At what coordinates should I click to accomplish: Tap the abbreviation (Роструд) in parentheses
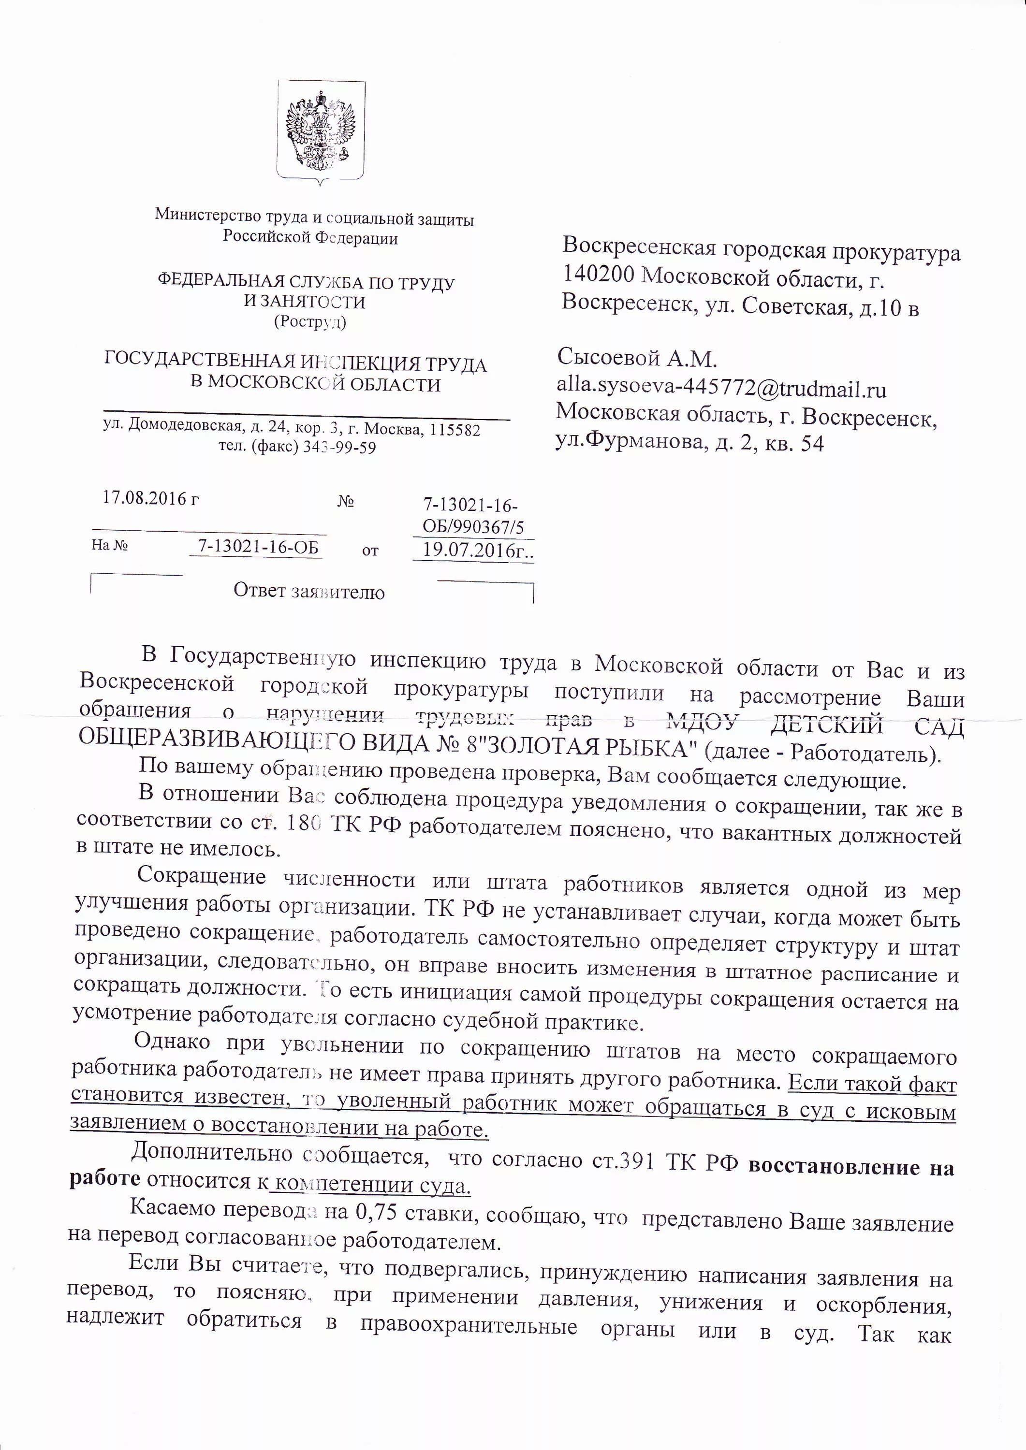[x=309, y=322]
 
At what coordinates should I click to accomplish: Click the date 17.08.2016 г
[x=150, y=499]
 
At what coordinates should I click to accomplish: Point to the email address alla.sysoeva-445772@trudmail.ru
[x=721, y=389]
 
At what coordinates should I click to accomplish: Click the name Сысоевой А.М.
[x=637, y=359]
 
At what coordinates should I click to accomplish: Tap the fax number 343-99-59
[x=339, y=448]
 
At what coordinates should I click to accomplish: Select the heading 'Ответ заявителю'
[x=309, y=592]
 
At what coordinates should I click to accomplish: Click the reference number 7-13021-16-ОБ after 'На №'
[x=258, y=547]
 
